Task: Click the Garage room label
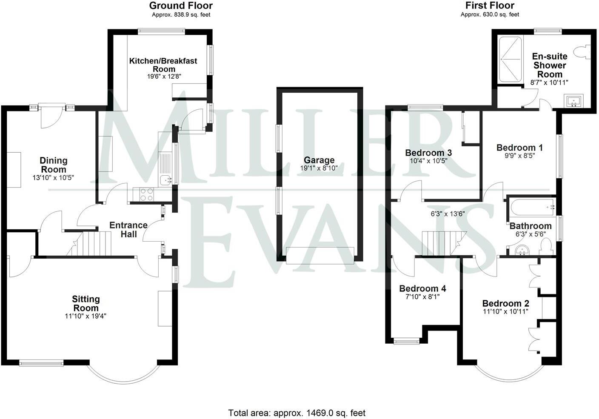[x=319, y=160]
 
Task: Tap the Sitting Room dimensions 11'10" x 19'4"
[x=86, y=316]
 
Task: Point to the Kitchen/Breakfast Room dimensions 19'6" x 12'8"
[x=163, y=77]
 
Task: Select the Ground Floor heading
[x=181, y=6]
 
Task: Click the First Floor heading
[x=490, y=6]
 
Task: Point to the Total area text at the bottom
[x=297, y=413]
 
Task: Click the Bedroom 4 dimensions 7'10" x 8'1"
[x=422, y=297]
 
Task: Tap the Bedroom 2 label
[x=505, y=303]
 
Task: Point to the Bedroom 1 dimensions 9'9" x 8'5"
[x=519, y=156]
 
